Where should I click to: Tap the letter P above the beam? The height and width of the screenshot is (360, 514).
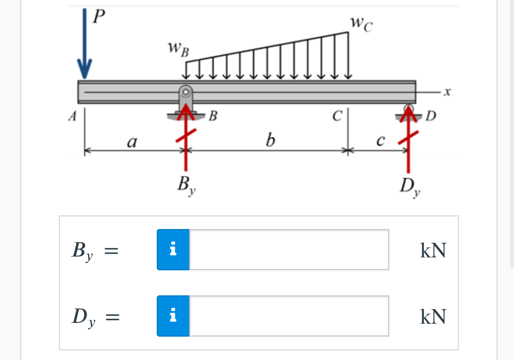pos(99,17)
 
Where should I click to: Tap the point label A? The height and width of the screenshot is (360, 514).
pos(73,117)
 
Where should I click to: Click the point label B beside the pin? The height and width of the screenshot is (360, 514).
pos(213,116)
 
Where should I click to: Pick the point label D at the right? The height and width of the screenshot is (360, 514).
pos(431,116)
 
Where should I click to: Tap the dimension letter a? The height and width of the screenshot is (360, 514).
pos(132,142)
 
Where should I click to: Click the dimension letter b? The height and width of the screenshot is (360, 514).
pos(270,141)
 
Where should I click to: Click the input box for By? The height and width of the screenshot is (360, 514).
pos(288,249)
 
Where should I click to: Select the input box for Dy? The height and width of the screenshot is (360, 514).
pos(288,316)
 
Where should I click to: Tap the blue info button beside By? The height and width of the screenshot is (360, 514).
pos(173,249)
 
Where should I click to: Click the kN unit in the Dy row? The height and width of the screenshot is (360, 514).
pos(433,317)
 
